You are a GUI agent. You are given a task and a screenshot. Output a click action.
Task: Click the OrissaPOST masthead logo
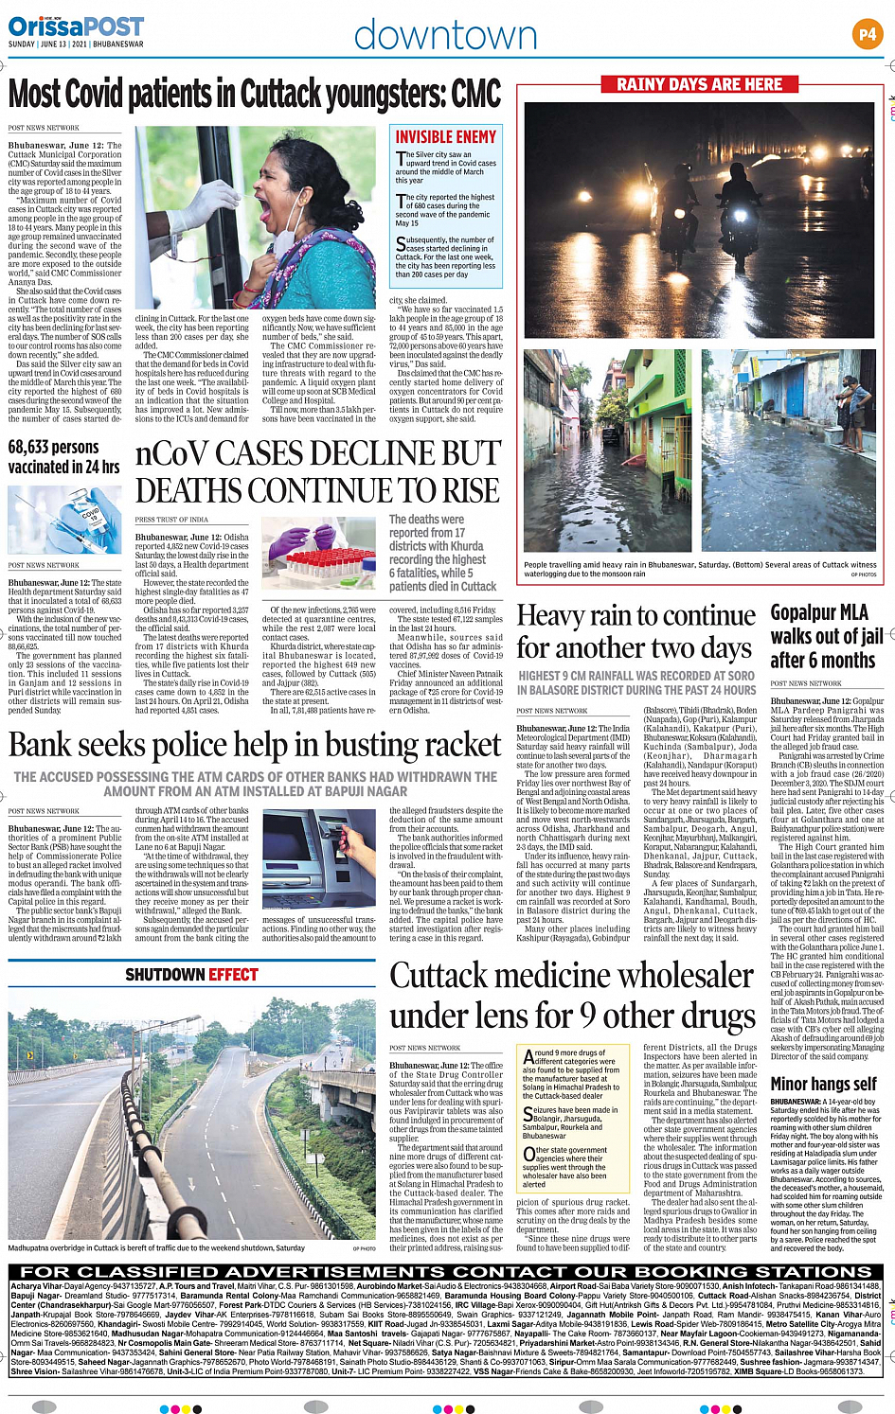point(76,27)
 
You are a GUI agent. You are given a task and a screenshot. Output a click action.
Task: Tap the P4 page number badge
point(868,35)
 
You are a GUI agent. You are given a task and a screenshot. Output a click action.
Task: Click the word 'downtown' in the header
point(445,36)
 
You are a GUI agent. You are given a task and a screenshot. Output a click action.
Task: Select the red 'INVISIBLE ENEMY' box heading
point(445,137)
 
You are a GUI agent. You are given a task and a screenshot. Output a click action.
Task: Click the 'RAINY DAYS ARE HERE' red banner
point(700,84)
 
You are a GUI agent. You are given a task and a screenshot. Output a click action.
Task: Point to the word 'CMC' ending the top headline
point(476,95)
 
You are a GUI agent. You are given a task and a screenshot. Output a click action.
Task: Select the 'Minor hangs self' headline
point(823,1084)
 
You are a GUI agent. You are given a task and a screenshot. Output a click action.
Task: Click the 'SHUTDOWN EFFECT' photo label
point(191,975)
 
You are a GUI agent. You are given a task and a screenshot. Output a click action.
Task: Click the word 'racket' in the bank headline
point(449,745)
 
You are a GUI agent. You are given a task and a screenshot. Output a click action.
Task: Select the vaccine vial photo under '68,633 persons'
point(64,521)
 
